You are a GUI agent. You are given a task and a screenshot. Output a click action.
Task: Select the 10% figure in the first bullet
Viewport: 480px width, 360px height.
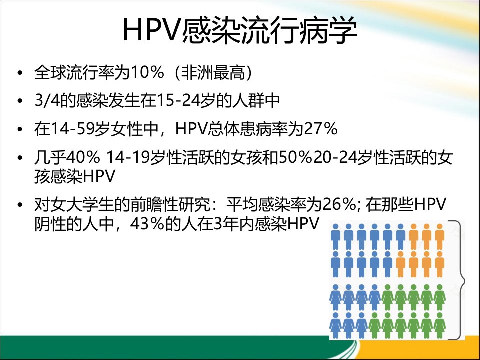[x=147, y=72]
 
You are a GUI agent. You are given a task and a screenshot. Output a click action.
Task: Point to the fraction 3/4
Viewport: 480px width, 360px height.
[x=47, y=100]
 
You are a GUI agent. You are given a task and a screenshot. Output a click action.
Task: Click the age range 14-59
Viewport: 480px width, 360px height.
[x=72, y=129]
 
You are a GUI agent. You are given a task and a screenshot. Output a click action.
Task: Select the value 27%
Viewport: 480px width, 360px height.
[x=320, y=129]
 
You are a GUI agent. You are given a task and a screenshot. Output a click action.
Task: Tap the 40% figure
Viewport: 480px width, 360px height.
[x=83, y=157]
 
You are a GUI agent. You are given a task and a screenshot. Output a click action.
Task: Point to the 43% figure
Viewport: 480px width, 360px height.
[x=147, y=224]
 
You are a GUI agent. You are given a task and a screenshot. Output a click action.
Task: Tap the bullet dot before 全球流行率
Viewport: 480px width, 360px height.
[x=20, y=73]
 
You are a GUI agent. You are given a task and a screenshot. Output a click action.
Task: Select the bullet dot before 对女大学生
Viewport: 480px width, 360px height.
[x=20, y=205]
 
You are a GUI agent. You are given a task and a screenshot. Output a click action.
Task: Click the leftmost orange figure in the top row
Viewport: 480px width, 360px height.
[x=414, y=236]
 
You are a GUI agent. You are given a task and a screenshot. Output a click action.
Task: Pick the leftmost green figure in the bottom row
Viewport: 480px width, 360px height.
[x=374, y=325]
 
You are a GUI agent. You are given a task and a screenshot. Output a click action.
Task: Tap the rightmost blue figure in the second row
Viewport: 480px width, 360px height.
[x=388, y=264]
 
